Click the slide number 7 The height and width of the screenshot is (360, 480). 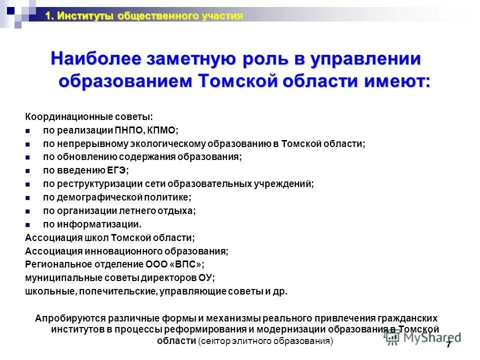[448, 345]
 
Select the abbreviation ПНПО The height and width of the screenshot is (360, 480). [130, 130]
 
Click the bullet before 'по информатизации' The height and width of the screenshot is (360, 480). [28, 224]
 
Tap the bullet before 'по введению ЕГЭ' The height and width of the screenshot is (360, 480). [28, 170]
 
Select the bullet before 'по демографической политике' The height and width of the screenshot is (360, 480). [28, 197]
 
